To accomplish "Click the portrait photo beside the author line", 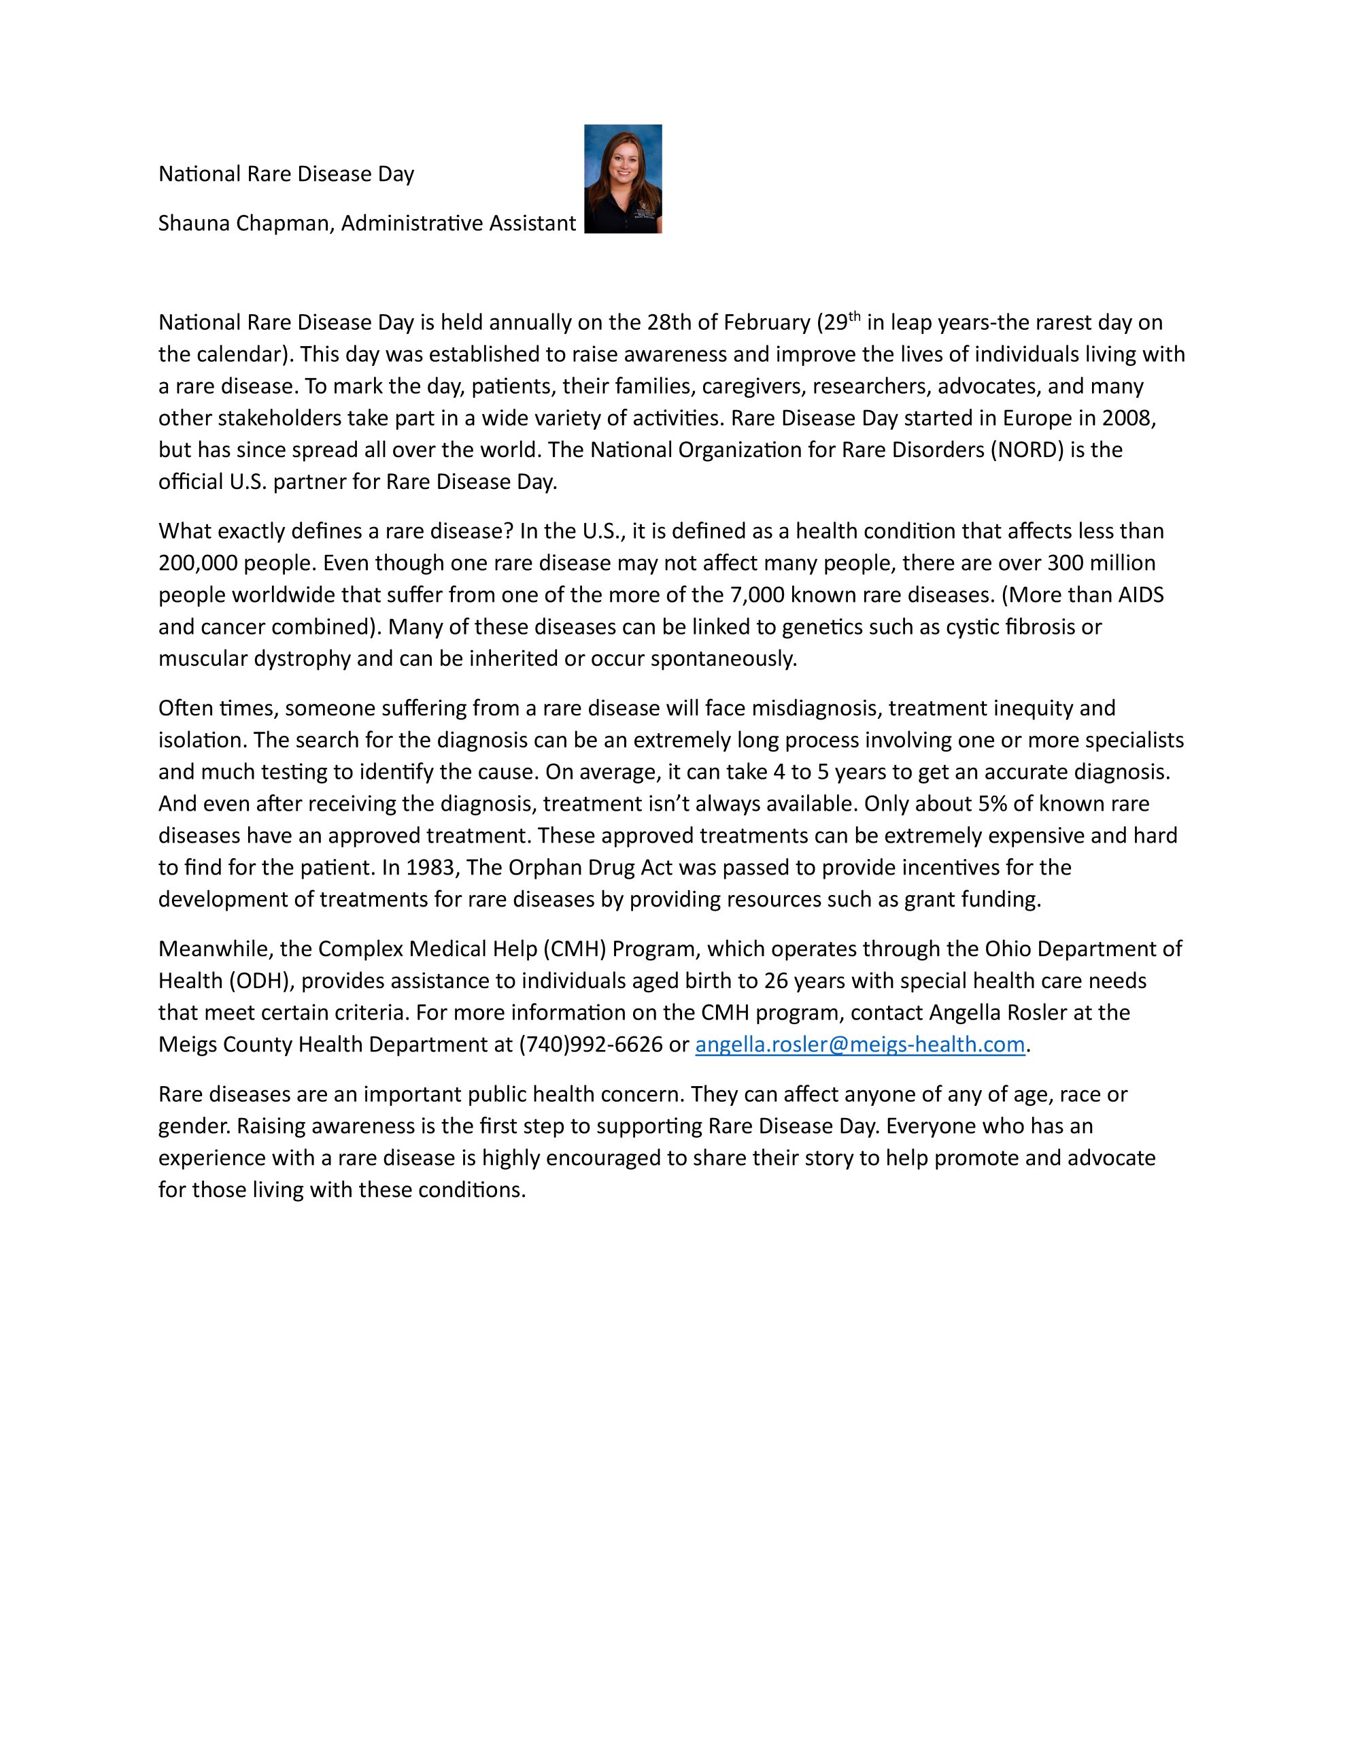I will coord(623,179).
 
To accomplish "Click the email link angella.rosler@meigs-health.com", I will coord(859,1045).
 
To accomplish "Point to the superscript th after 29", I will coord(855,316).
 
